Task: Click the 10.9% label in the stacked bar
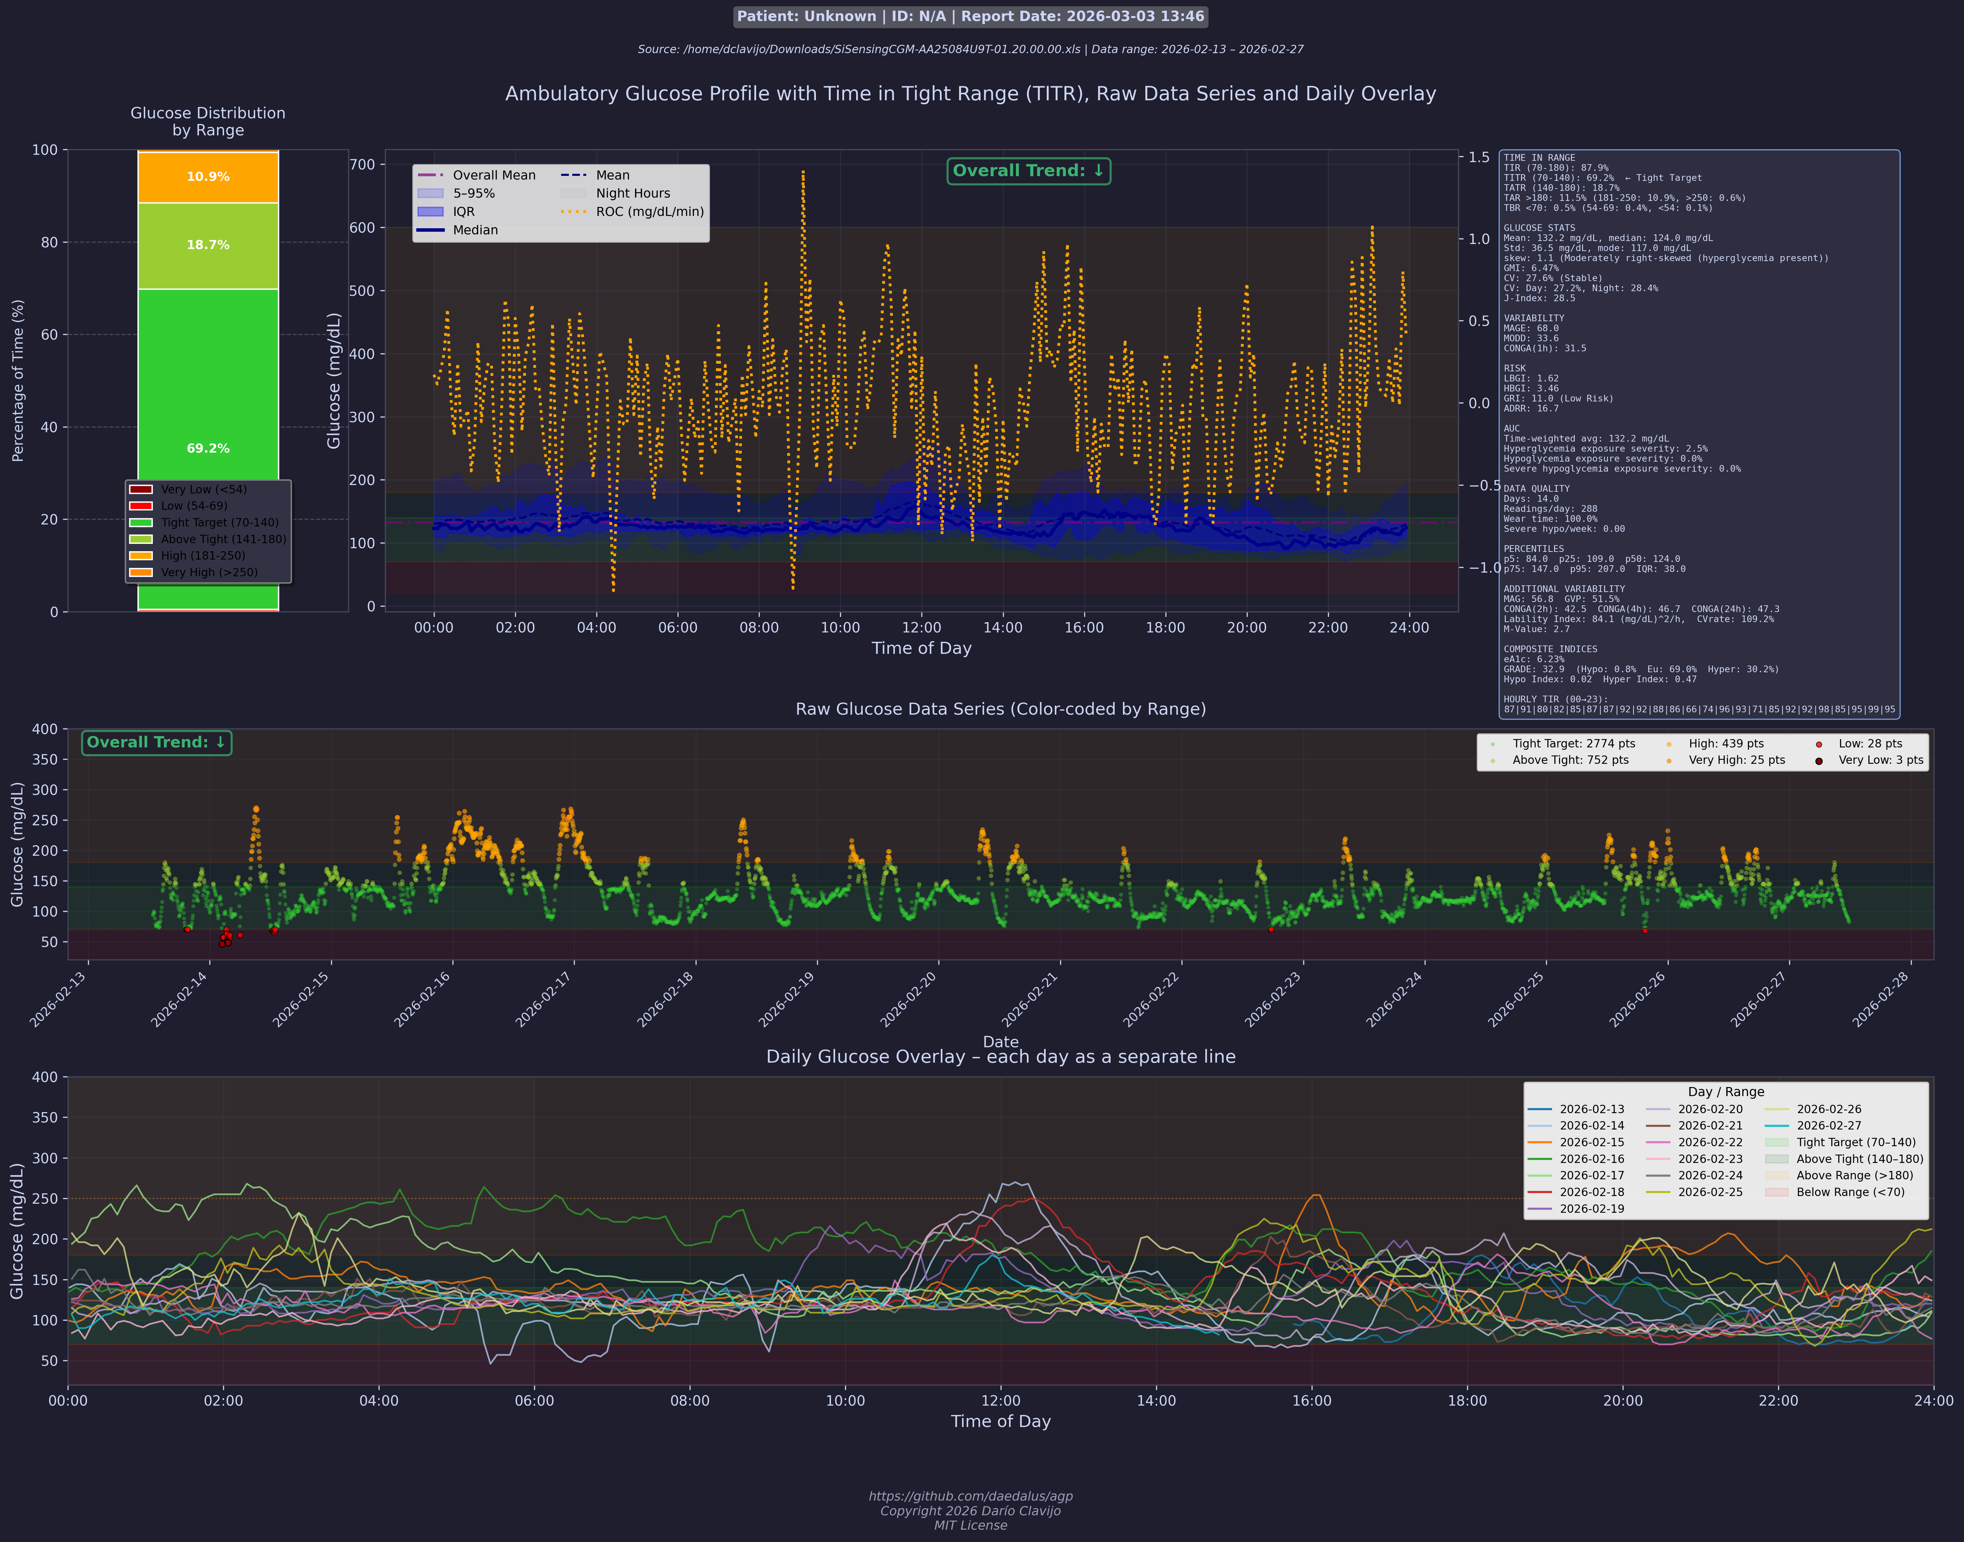[x=208, y=177]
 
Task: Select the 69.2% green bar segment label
[x=208, y=449]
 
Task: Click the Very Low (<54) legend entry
[x=188, y=489]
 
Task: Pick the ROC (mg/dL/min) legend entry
[x=632, y=212]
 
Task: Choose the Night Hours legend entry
[x=616, y=193]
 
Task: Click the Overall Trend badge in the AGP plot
[x=1029, y=170]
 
